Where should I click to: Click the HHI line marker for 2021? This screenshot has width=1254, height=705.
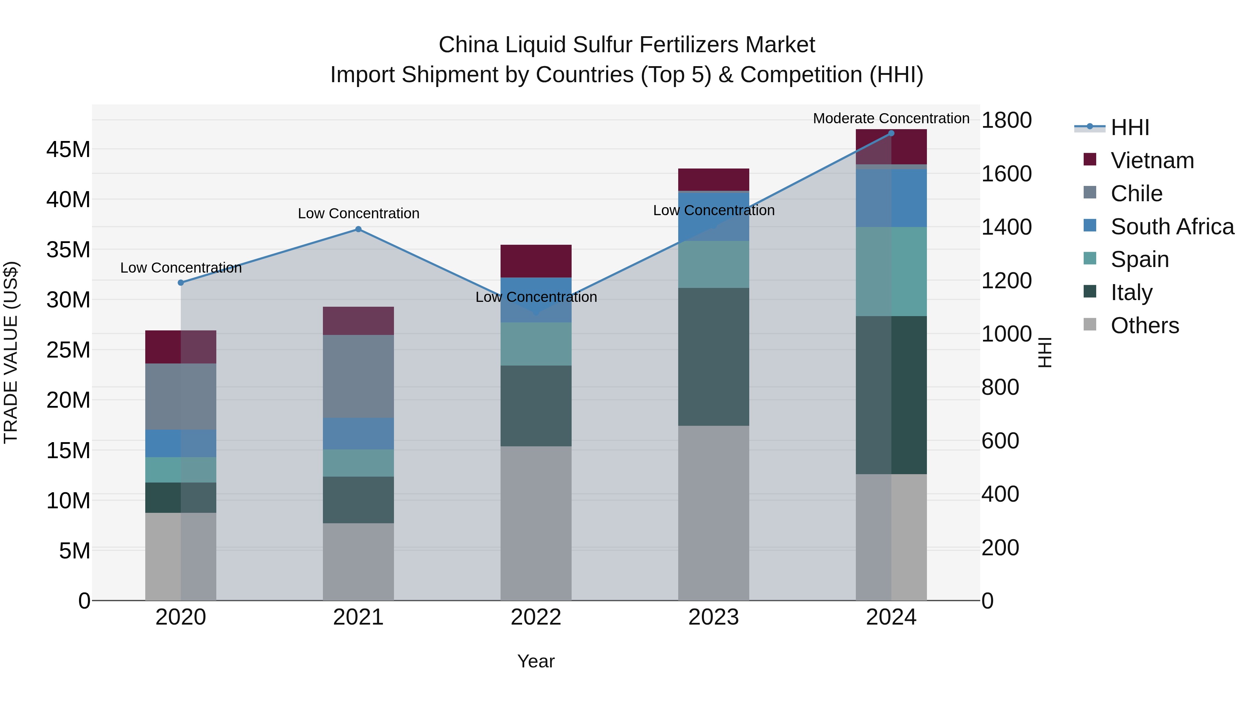(358, 229)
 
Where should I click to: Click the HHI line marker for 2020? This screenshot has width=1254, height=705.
(180, 283)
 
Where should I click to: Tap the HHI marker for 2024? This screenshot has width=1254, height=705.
(891, 133)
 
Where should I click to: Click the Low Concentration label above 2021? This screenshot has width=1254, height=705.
(358, 214)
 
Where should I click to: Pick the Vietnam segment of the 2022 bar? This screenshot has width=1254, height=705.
(536, 261)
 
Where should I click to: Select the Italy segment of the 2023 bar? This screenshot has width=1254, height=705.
(714, 357)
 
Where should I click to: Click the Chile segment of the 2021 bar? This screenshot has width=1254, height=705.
(358, 376)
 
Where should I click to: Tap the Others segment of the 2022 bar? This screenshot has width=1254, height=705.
(536, 523)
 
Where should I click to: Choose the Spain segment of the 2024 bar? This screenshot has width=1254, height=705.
(891, 272)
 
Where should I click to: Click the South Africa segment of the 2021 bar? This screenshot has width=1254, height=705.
(358, 433)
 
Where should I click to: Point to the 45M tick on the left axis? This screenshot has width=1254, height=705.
(68, 149)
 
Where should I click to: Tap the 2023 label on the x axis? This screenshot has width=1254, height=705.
(714, 617)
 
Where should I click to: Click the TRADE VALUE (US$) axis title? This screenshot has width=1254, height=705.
(11, 353)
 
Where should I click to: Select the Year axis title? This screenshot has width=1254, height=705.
(536, 661)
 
